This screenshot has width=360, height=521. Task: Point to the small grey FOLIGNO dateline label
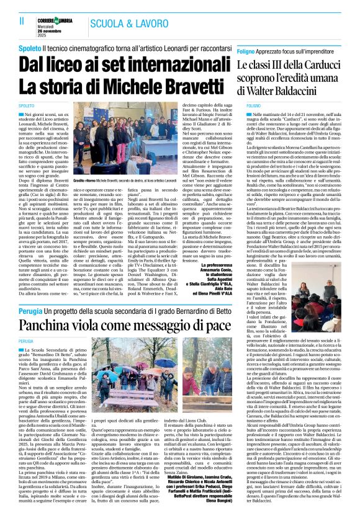[246, 106]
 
